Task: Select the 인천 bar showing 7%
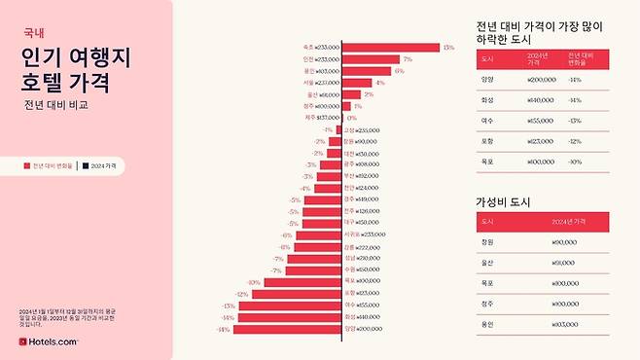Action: (x=371, y=59)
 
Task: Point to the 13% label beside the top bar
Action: (x=447, y=47)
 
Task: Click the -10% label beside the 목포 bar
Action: (x=254, y=281)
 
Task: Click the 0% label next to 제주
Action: (x=351, y=118)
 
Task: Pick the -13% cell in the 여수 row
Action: (x=575, y=121)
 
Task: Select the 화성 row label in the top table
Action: (x=487, y=100)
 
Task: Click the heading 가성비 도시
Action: (x=502, y=201)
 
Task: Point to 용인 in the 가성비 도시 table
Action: (x=487, y=324)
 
